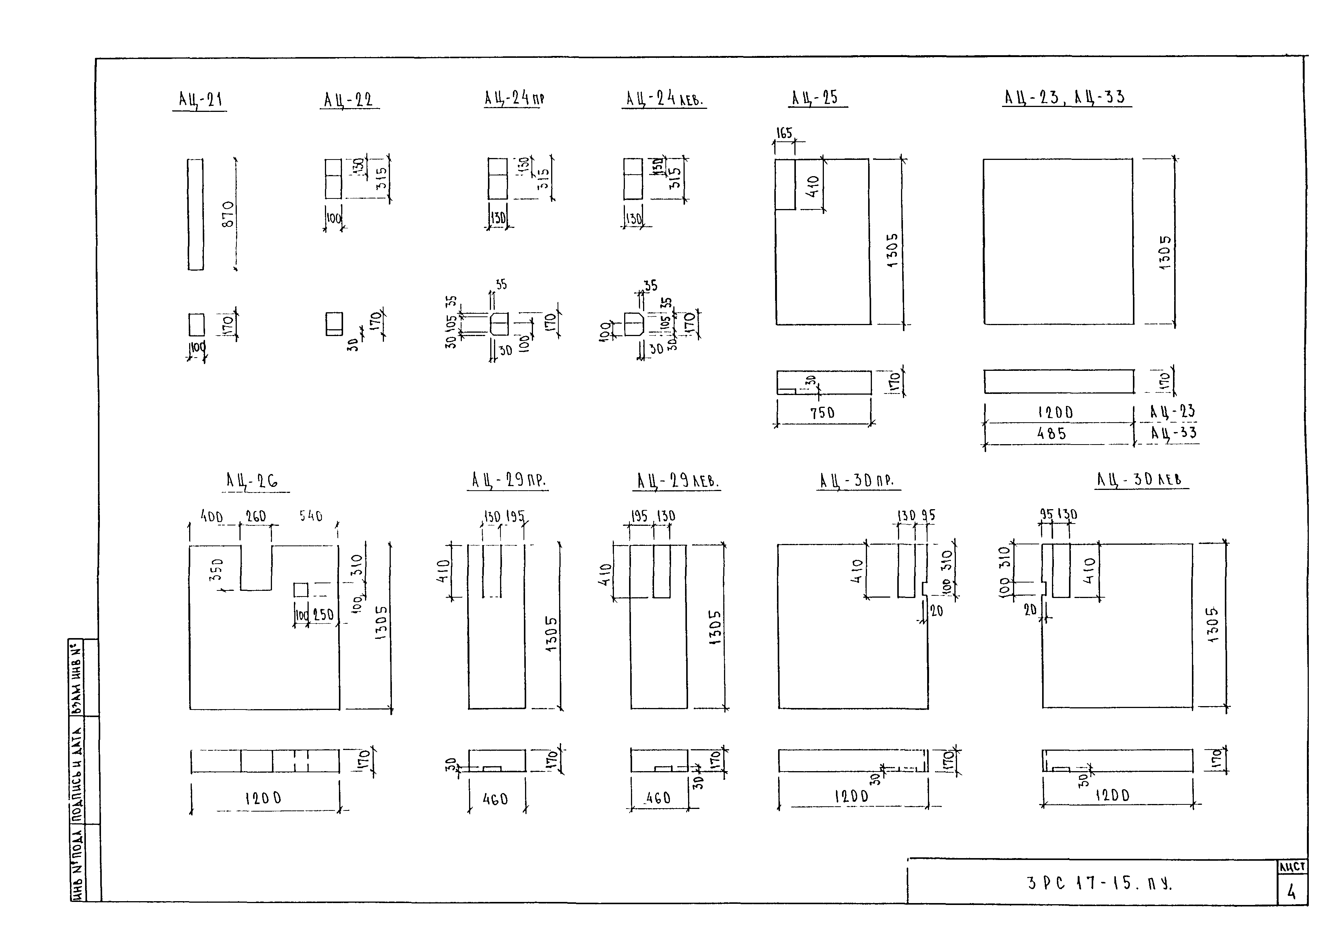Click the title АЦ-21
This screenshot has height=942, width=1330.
200,100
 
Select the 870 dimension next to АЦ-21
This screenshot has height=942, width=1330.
228,214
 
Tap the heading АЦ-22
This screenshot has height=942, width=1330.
348,100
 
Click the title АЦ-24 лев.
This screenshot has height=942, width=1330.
664,99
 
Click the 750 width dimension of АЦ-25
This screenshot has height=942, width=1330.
822,412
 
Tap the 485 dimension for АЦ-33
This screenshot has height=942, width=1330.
1052,433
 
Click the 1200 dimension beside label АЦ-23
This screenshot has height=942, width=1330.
1055,412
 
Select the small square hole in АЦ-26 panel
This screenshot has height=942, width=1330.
301,589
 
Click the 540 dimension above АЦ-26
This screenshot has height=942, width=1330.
311,516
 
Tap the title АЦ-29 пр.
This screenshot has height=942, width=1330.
508,480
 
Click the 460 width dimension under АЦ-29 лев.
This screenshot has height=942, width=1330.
658,798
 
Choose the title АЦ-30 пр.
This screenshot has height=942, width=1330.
856,480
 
